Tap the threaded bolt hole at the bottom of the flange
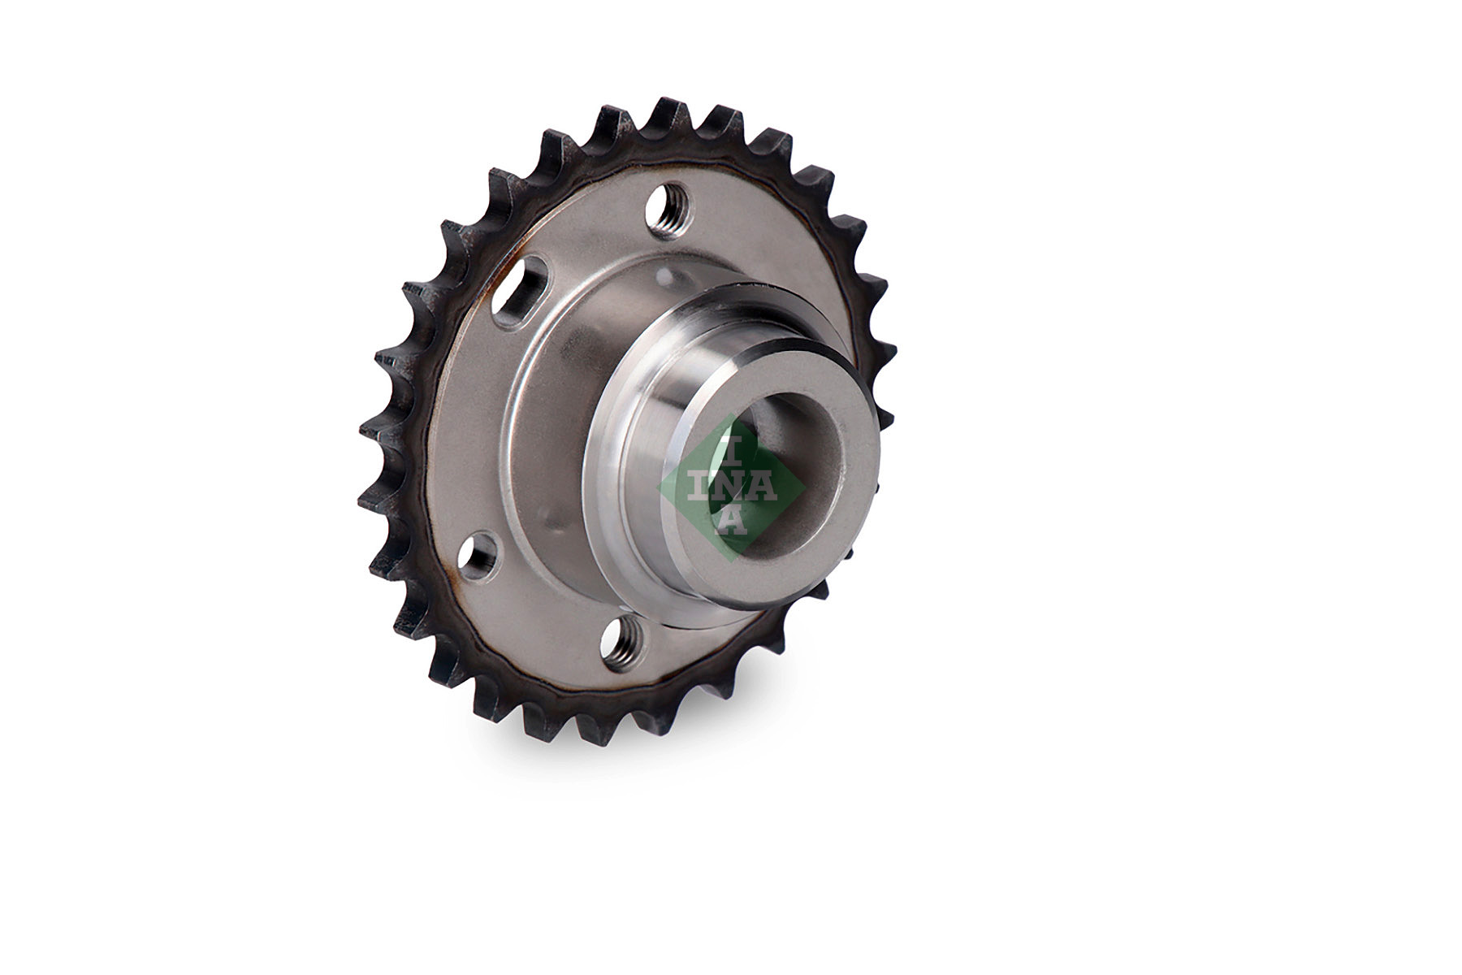pos(622,639)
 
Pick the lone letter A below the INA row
pos(731,519)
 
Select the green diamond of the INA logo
pos(731,487)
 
